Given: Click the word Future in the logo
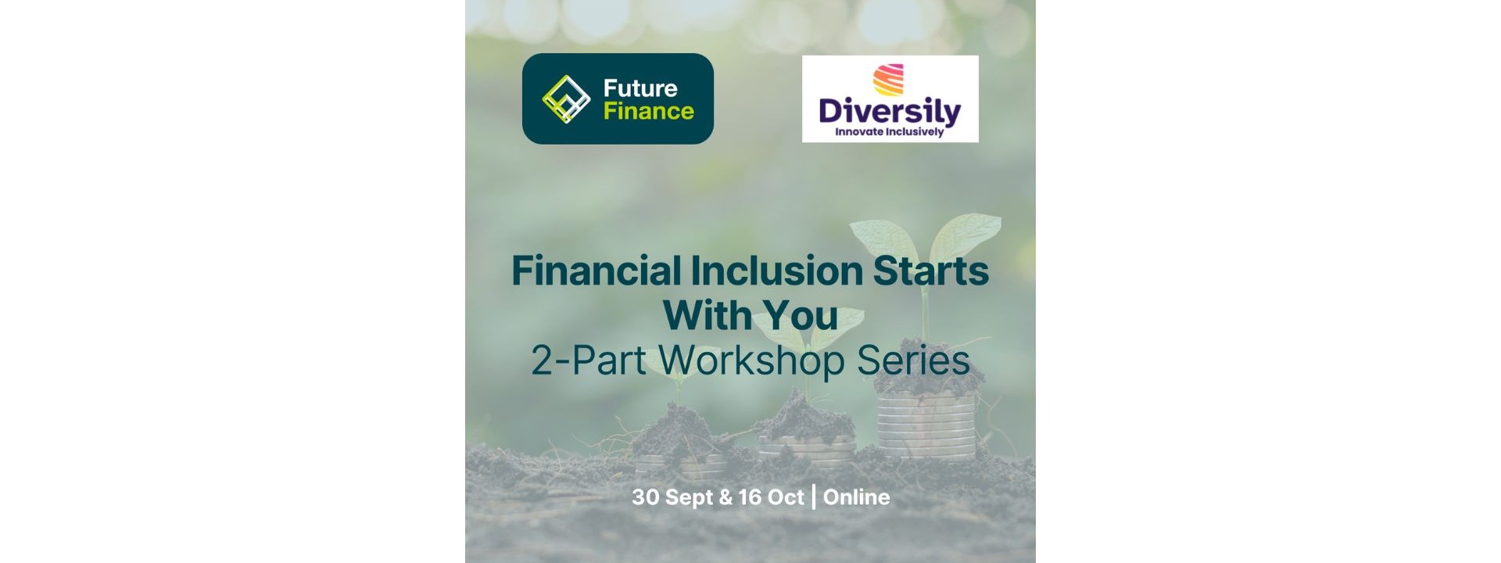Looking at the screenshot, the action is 640,88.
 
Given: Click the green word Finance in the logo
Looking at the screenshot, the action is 649,111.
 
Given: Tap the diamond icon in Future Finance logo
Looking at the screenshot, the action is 566,99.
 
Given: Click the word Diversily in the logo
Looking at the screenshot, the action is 890,110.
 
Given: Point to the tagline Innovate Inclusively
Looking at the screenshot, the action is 890,132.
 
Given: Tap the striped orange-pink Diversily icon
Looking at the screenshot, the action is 888,80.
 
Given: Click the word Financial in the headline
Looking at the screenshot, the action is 596,271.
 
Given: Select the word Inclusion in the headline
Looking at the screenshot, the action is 776,271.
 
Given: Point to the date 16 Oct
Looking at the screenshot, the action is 771,497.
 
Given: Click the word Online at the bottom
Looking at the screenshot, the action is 856,497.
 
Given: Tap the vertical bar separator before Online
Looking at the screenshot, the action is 814,497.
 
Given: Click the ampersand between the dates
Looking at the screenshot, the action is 725,497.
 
